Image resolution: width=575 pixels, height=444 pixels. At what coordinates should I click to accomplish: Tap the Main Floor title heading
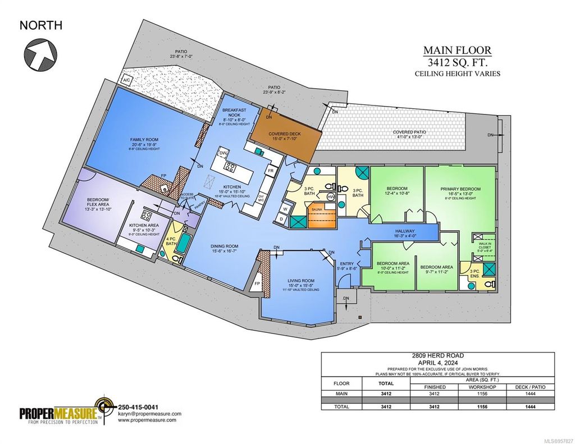point(457,51)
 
